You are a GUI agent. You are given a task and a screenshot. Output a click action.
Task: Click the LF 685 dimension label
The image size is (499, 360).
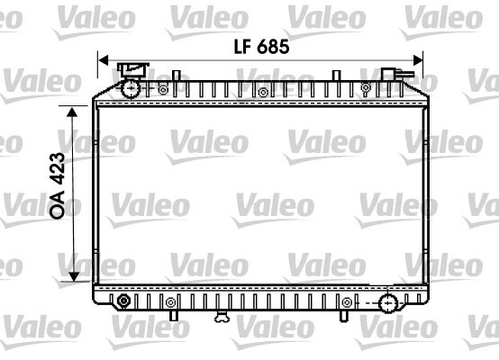261,47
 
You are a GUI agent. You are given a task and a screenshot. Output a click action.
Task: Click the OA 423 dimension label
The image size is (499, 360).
58,185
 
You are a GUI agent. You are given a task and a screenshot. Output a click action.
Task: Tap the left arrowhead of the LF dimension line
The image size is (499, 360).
104,59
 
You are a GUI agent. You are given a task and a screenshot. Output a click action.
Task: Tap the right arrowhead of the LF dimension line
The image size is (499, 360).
418,59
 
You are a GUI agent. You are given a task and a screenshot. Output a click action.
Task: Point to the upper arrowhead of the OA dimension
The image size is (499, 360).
73,112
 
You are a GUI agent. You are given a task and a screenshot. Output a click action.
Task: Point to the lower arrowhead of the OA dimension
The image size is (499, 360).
74,276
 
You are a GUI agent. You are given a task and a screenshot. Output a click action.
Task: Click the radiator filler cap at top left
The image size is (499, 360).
133,69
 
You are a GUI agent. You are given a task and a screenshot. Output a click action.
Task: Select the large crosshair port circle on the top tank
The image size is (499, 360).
131,89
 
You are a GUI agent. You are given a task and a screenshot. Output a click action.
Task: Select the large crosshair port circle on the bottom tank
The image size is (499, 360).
388,303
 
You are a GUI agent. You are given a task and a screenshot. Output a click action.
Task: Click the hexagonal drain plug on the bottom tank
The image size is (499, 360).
123,301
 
